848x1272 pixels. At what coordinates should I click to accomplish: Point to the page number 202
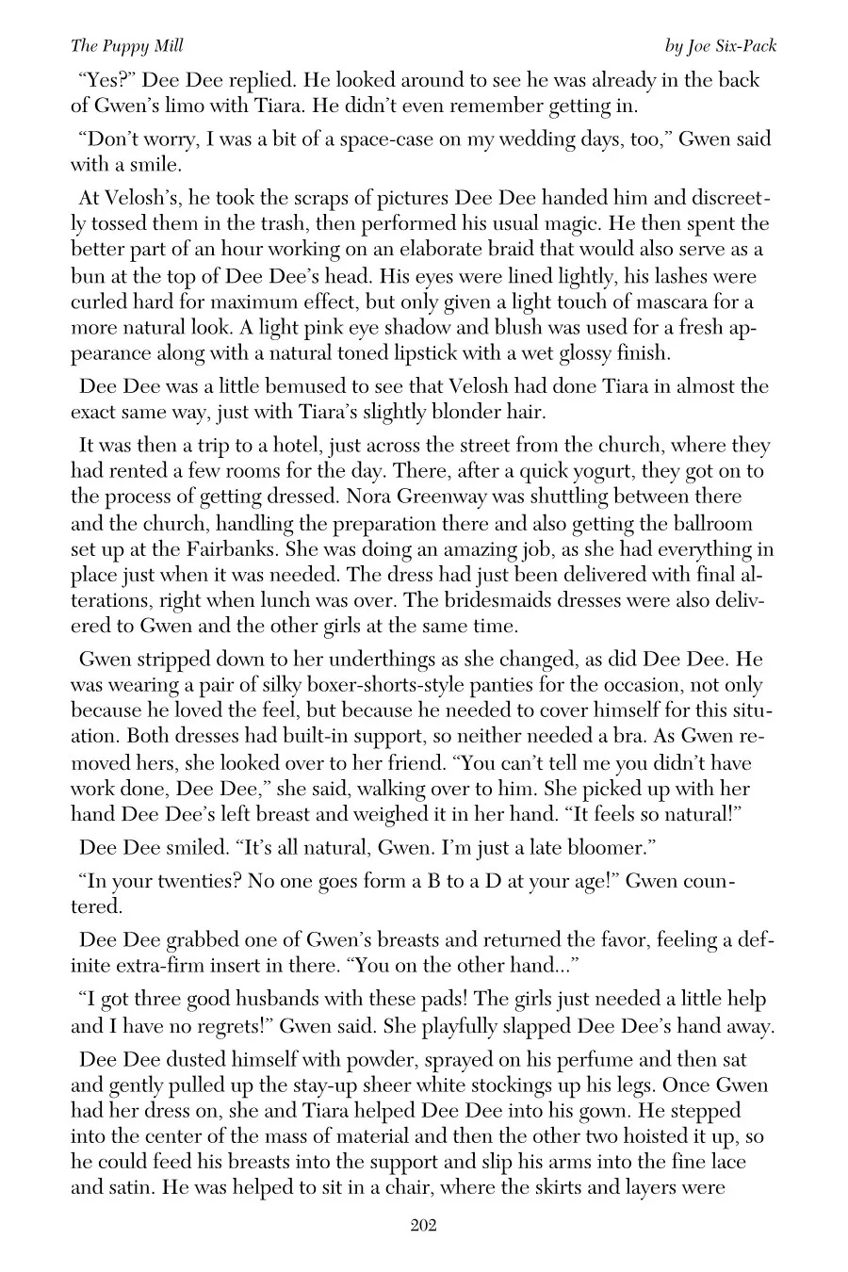point(423,1225)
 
